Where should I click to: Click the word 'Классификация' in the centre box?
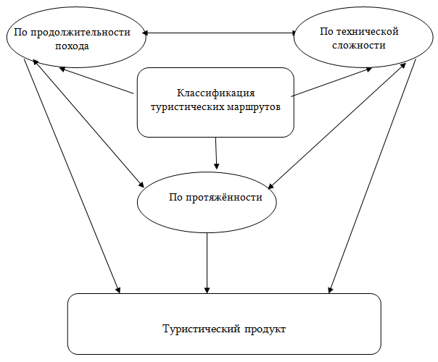click(215, 93)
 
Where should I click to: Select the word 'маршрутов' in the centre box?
click(254, 107)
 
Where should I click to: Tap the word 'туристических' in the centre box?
click(187, 107)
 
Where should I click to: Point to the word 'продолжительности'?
click(80, 33)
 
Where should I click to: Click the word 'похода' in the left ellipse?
click(72, 46)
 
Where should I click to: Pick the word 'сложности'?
click(359, 45)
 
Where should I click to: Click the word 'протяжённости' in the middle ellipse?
click(224, 198)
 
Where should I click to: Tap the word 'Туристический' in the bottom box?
click(202, 329)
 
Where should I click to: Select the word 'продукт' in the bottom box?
click(265, 329)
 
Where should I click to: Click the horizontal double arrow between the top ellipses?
click(219, 33)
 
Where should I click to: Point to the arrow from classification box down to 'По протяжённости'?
click(216, 153)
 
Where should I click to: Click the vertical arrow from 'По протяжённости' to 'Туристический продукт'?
click(207, 263)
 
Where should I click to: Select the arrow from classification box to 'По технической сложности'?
click(331, 82)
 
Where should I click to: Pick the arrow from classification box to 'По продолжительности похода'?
click(96, 80)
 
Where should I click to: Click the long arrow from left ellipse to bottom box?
click(72, 176)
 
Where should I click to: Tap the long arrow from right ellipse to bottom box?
click(372, 176)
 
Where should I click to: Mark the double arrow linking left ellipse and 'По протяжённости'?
click(88, 123)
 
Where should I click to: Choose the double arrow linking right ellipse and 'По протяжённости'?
click(337, 126)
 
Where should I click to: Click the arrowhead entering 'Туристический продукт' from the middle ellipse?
click(207, 290)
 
